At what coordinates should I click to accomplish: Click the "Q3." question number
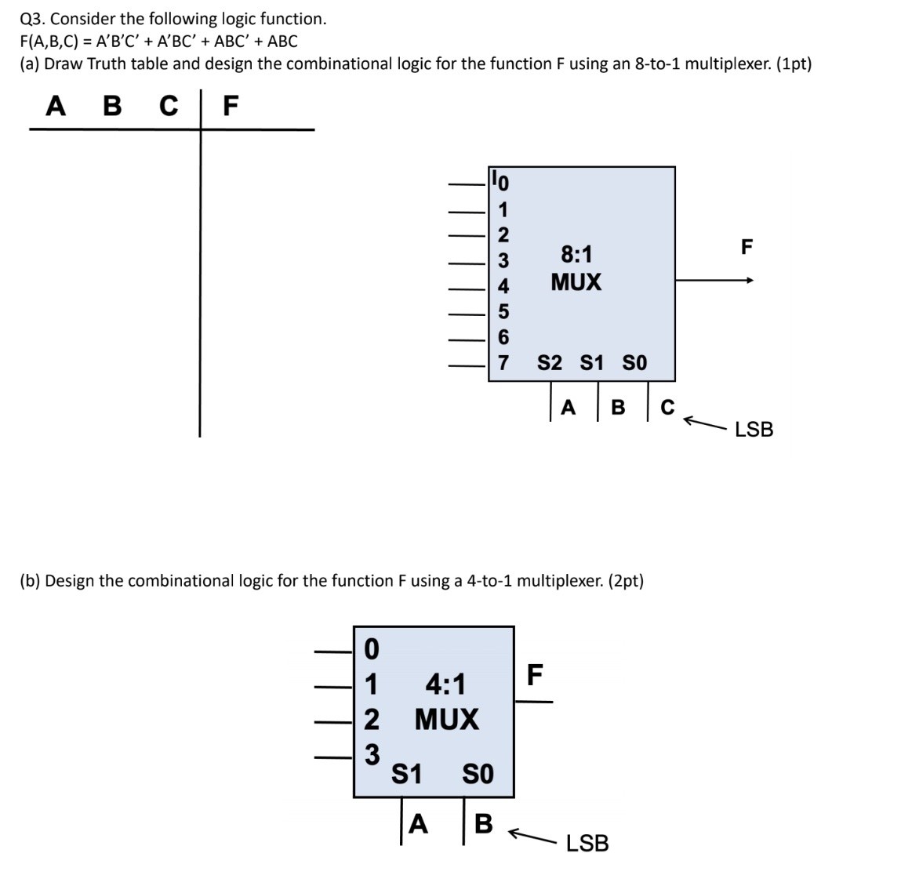tap(33, 19)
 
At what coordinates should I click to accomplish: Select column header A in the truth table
tap(56, 105)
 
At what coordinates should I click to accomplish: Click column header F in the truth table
tap(230, 105)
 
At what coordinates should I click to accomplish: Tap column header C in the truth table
tap(169, 105)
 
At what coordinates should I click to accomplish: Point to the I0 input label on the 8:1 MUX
tap(500, 182)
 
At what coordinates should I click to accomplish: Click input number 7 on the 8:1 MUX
tap(504, 363)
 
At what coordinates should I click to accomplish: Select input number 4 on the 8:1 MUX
tap(504, 285)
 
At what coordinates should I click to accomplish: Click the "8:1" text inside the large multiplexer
tap(576, 254)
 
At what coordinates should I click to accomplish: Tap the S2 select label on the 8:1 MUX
tap(550, 363)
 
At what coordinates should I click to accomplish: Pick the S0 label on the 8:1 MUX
tap(634, 363)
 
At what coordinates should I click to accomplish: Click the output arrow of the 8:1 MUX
tap(749, 280)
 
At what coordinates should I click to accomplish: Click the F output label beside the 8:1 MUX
tap(747, 248)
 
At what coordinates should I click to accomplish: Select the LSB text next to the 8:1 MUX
tap(754, 430)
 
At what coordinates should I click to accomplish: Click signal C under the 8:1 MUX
tap(667, 408)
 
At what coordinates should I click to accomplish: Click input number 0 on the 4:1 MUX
tap(372, 649)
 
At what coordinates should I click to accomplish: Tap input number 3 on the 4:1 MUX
tap(372, 754)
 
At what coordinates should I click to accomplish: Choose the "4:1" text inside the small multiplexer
tap(445, 684)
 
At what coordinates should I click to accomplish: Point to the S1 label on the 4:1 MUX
tap(406, 775)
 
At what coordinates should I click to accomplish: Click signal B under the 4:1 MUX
tap(484, 824)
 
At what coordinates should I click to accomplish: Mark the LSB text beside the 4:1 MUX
tap(587, 844)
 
